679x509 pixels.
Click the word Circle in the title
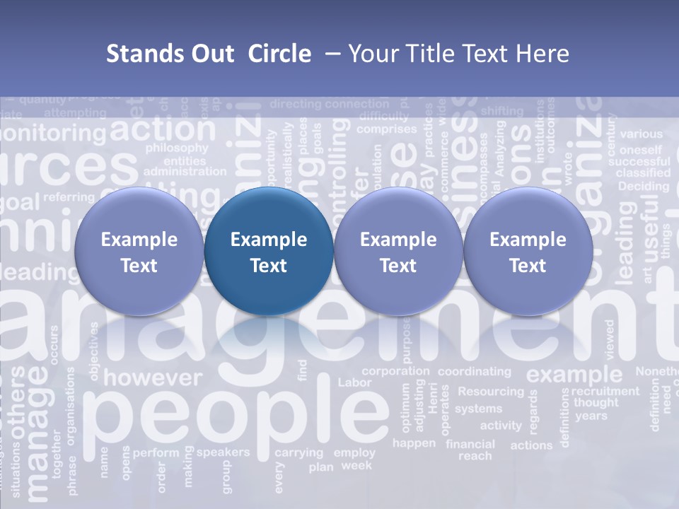pos(279,54)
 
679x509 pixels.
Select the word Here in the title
pos(545,54)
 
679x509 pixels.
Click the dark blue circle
pos(269,252)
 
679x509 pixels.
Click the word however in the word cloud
pos(153,378)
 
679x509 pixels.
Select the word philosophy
pos(177,148)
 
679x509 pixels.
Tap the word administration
pos(185,172)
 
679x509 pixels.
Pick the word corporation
pos(395,371)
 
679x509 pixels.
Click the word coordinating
pos(474,371)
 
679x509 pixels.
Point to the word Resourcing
pos(491,391)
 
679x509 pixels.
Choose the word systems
pos(478,409)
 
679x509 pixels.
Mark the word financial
pos(470,445)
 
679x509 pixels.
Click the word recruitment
pos(605,391)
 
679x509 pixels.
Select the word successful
pos(644,161)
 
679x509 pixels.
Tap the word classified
pos(644,172)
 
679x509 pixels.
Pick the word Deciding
pos(643,187)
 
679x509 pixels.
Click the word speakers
pos(223,452)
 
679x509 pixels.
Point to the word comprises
pos(386,129)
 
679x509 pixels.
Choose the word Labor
pos(354,382)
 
